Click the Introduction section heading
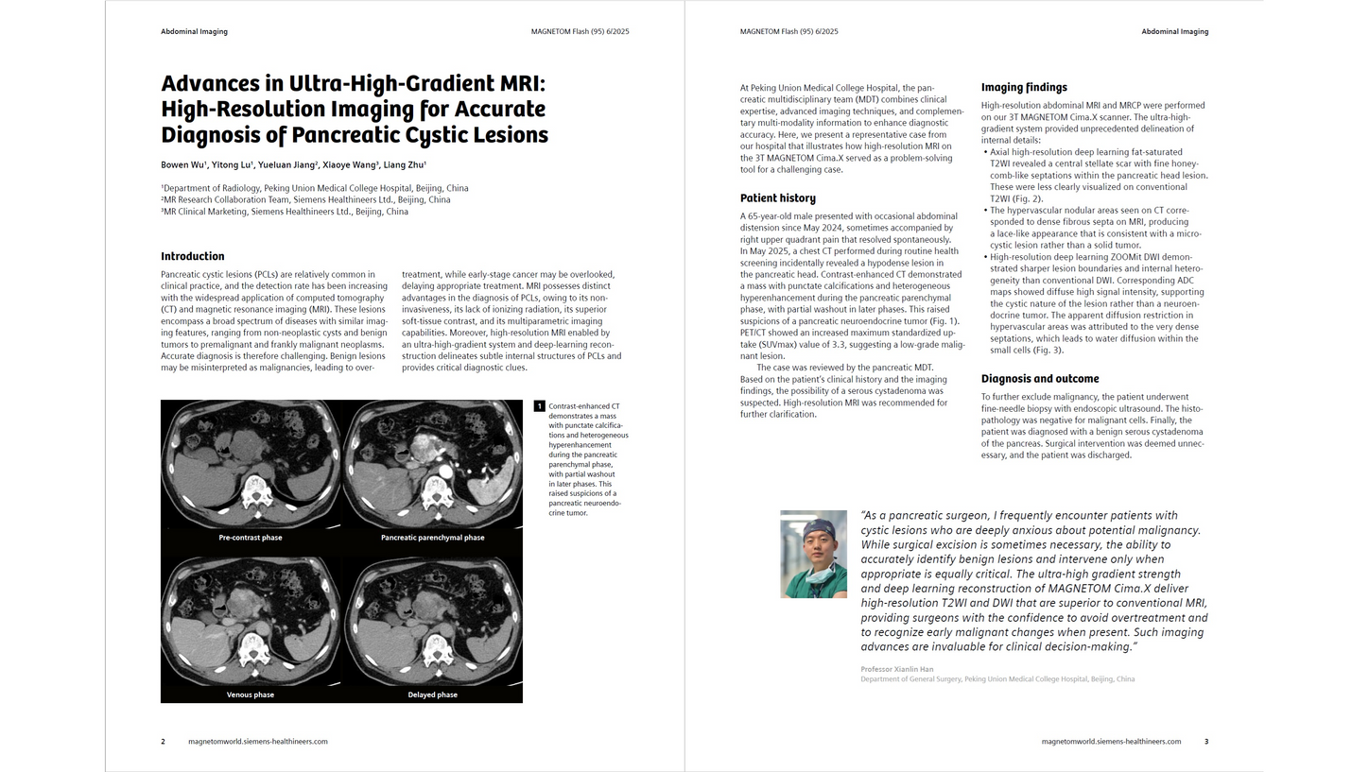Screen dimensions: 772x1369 tap(193, 256)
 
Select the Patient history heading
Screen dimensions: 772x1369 tap(777, 198)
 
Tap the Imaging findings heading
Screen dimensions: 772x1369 tap(1024, 88)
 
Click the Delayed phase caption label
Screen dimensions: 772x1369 tap(432, 695)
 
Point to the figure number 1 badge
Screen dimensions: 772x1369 tap(540, 406)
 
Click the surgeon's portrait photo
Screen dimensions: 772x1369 tap(813, 554)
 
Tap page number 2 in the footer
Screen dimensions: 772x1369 tap(163, 742)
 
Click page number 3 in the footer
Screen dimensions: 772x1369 tap(1206, 742)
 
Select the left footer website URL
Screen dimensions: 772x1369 tap(258, 742)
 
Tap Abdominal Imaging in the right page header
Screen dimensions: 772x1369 tap(1174, 31)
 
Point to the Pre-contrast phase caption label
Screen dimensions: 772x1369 tap(251, 538)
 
